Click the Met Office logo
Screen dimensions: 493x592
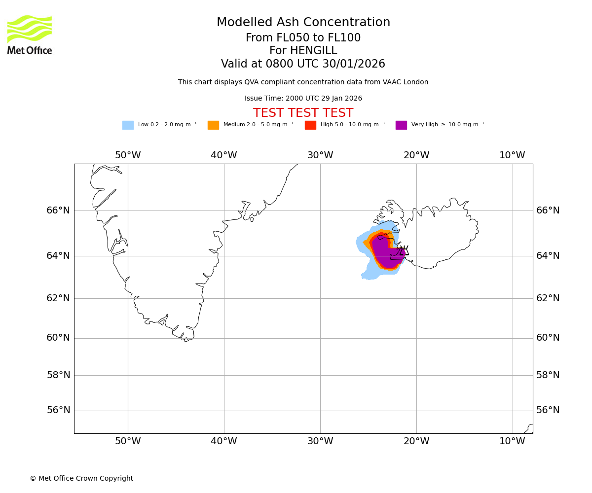click(x=30, y=35)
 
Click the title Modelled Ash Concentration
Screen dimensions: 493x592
click(x=303, y=23)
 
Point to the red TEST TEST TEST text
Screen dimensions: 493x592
click(x=303, y=113)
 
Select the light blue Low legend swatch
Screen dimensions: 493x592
click(x=128, y=125)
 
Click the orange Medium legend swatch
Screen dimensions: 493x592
click(x=213, y=125)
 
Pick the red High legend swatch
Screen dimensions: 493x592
click(x=310, y=125)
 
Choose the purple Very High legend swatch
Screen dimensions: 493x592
click(x=401, y=125)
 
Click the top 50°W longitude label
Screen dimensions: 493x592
click(x=128, y=155)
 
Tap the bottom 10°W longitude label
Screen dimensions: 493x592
click(x=512, y=441)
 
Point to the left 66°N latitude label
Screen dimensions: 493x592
click(x=58, y=211)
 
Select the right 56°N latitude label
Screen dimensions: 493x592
click(x=548, y=410)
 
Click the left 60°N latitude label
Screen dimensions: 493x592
click(x=58, y=338)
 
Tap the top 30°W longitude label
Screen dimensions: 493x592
click(x=320, y=155)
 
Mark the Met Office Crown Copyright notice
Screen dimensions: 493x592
click(x=81, y=479)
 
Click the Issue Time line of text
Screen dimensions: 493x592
click(x=303, y=99)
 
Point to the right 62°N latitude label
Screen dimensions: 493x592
click(x=548, y=298)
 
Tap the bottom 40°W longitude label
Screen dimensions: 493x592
click(x=224, y=441)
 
